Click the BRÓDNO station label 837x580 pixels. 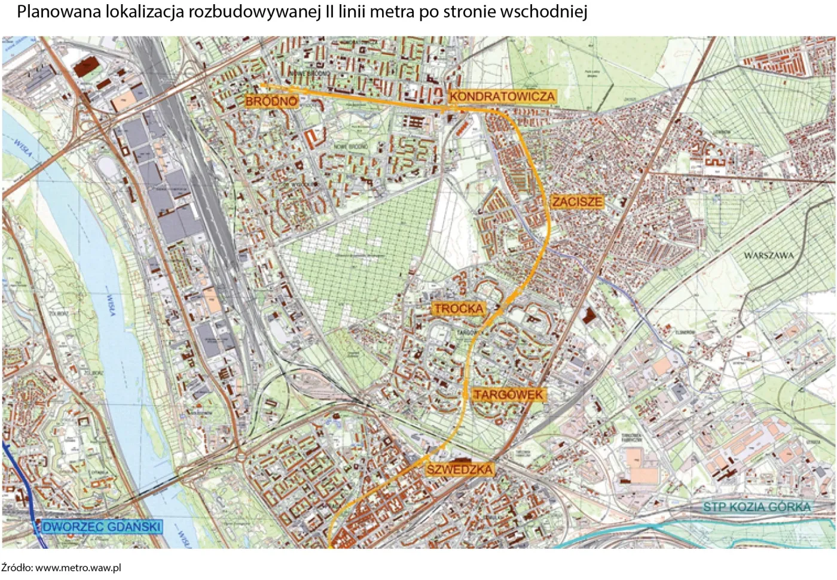tap(271, 101)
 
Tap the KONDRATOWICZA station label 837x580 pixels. tap(502, 96)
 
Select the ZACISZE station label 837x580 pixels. tap(577, 202)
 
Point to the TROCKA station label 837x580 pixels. tap(459, 309)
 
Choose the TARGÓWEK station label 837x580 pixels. tap(508, 394)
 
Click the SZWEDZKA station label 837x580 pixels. tap(459, 469)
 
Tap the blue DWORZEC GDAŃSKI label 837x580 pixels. tap(102, 527)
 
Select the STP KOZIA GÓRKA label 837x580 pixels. tap(757, 507)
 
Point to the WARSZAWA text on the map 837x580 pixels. tap(769, 256)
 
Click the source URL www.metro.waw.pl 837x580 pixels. tap(78, 567)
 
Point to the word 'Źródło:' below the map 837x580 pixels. tap(17, 567)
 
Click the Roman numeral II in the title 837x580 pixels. tap(329, 12)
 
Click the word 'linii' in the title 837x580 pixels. tap(353, 12)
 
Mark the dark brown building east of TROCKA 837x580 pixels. tap(589, 317)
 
